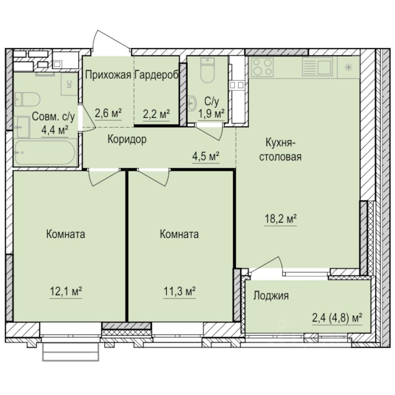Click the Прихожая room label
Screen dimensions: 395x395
pyautogui.click(x=108, y=75)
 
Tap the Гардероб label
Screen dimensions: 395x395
pyautogui.click(x=156, y=75)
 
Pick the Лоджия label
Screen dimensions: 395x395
pyautogui.click(x=271, y=295)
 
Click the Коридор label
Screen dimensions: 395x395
pyautogui.click(x=127, y=139)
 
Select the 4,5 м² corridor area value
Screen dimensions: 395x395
pyautogui.click(x=206, y=156)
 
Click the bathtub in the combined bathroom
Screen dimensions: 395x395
pyautogui.click(x=45, y=153)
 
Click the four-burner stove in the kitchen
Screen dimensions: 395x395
pyautogui.click(x=263, y=67)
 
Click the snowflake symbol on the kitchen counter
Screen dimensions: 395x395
pyautogui.click(x=348, y=67)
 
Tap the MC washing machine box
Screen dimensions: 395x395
pyautogui.click(x=69, y=84)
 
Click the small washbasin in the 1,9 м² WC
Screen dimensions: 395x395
pyautogui.click(x=193, y=103)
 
